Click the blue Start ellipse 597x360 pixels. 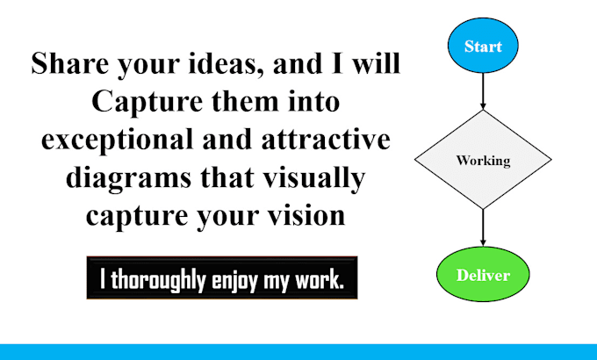483,46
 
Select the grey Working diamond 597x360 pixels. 483,160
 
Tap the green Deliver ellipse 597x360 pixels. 483,274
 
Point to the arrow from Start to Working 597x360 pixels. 483,91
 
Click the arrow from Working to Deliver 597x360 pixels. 483,227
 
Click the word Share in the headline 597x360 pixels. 69,63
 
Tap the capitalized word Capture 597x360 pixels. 147,103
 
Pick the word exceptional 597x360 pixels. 118,140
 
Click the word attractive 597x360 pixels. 326,140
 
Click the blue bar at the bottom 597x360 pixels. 298,352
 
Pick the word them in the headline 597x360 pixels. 245,102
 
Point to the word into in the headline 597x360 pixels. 314,102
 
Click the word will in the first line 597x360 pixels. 376,63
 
